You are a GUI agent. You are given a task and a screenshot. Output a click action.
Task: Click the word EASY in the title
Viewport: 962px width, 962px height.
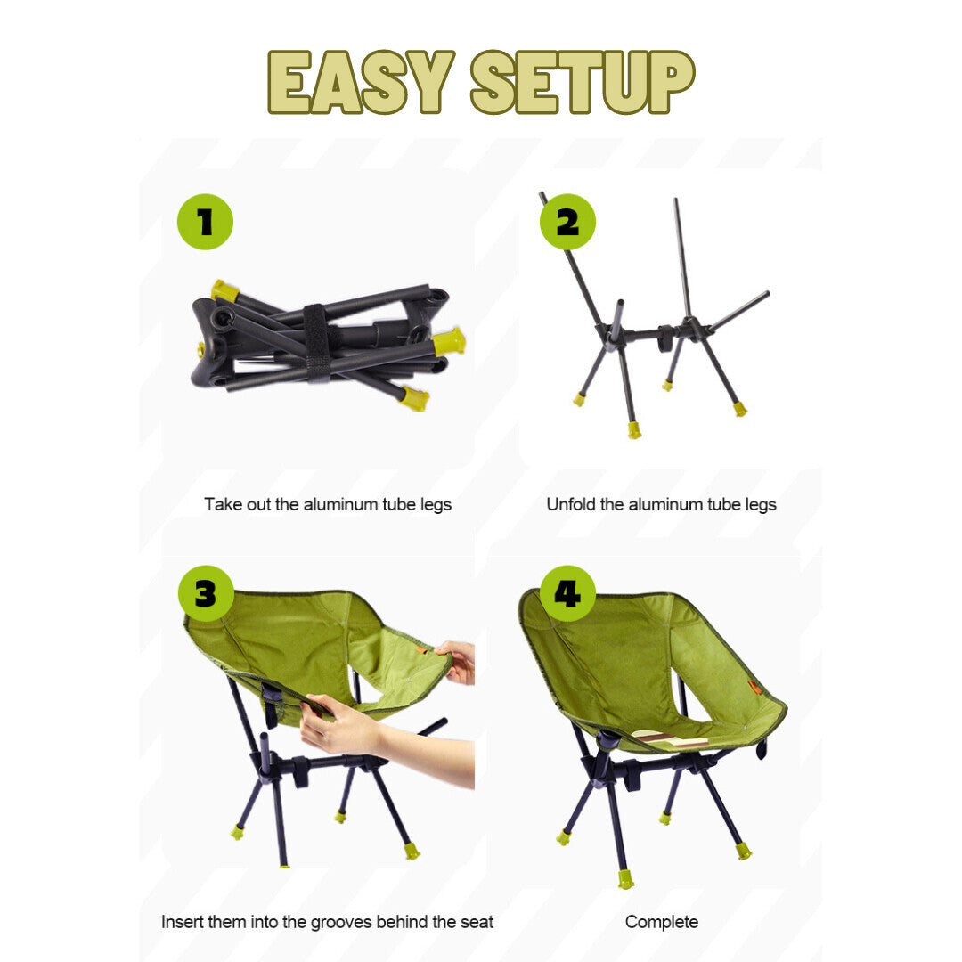[361, 82]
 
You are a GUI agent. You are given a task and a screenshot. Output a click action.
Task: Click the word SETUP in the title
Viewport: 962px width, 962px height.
[583, 82]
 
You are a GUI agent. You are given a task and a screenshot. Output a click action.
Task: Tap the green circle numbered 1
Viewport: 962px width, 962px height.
[205, 222]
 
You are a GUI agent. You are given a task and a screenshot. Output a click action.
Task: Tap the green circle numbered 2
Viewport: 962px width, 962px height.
[567, 222]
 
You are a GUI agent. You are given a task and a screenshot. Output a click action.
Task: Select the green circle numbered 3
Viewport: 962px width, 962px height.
[206, 593]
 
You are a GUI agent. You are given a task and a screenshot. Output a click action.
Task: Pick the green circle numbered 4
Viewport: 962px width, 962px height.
[567, 593]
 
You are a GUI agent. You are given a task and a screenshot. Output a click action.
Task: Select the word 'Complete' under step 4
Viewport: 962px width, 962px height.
[661, 922]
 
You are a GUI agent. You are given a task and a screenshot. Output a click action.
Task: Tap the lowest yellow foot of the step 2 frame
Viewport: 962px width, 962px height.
[634, 429]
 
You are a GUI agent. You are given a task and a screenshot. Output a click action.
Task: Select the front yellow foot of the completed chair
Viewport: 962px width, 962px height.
[625, 880]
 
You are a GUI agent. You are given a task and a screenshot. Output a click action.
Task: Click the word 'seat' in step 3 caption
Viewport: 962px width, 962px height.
[477, 922]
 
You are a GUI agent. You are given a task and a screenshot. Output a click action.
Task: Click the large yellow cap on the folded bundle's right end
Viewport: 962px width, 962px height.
[449, 342]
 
